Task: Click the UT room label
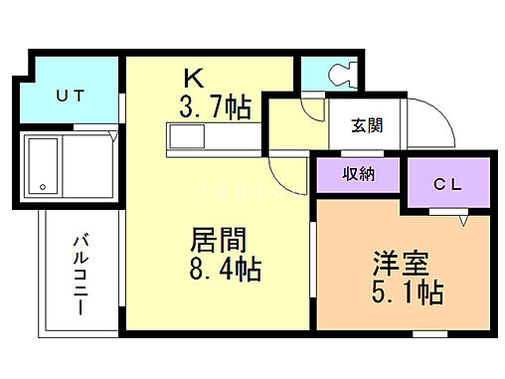point(69,95)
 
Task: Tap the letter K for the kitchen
point(194,79)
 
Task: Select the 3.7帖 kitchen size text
point(215,104)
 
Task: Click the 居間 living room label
point(218,242)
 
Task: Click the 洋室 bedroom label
point(402,265)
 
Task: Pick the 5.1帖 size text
point(409,292)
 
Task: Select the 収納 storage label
point(359,175)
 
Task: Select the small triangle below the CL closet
point(463,222)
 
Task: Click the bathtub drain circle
point(43,186)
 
